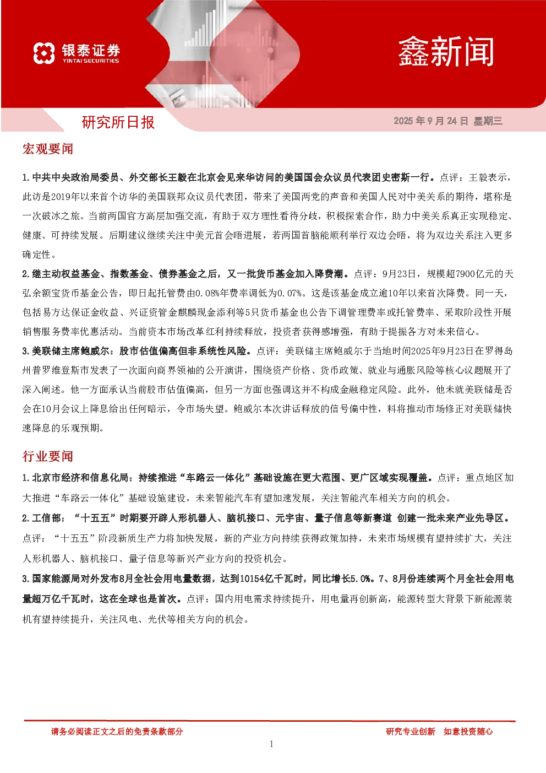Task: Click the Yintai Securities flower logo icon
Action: coord(44,53)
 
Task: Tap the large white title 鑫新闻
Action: coord(446,52)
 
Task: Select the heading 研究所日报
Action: coord(118,122)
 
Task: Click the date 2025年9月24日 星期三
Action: coord(448,121)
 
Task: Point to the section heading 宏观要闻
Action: coord(47,149)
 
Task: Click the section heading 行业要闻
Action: coord(47,456)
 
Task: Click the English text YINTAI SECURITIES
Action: coord(91,61)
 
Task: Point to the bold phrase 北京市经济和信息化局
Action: coord(80,478)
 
